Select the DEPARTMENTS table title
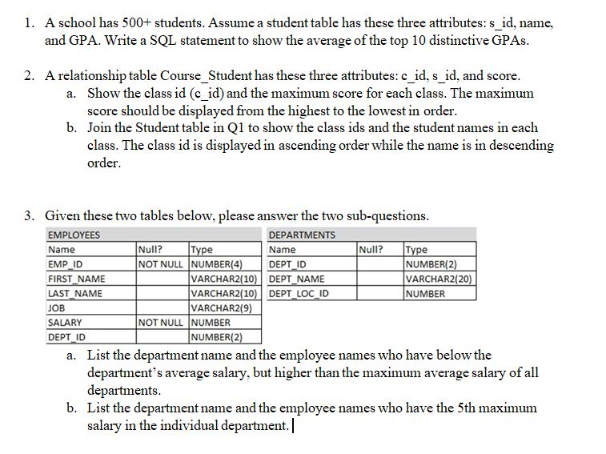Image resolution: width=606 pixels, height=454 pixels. (x=302, y=235)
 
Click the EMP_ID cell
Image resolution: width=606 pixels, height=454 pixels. (x=66, y=264)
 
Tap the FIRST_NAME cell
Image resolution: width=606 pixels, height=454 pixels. (x=76, y=279)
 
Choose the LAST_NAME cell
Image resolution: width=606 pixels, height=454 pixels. (x=75, y=293)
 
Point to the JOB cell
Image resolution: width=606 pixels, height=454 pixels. (x=56, y=307)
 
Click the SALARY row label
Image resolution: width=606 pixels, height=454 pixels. (x=65, y=322)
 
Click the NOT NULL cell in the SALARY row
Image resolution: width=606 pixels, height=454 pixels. (x=162, y=322)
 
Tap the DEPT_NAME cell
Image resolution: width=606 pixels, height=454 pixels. (x=297, y=279)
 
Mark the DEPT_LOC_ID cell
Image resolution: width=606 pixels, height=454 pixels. (x=300, y=293)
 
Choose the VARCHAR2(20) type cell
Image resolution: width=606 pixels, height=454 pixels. (x=439, y=279)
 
